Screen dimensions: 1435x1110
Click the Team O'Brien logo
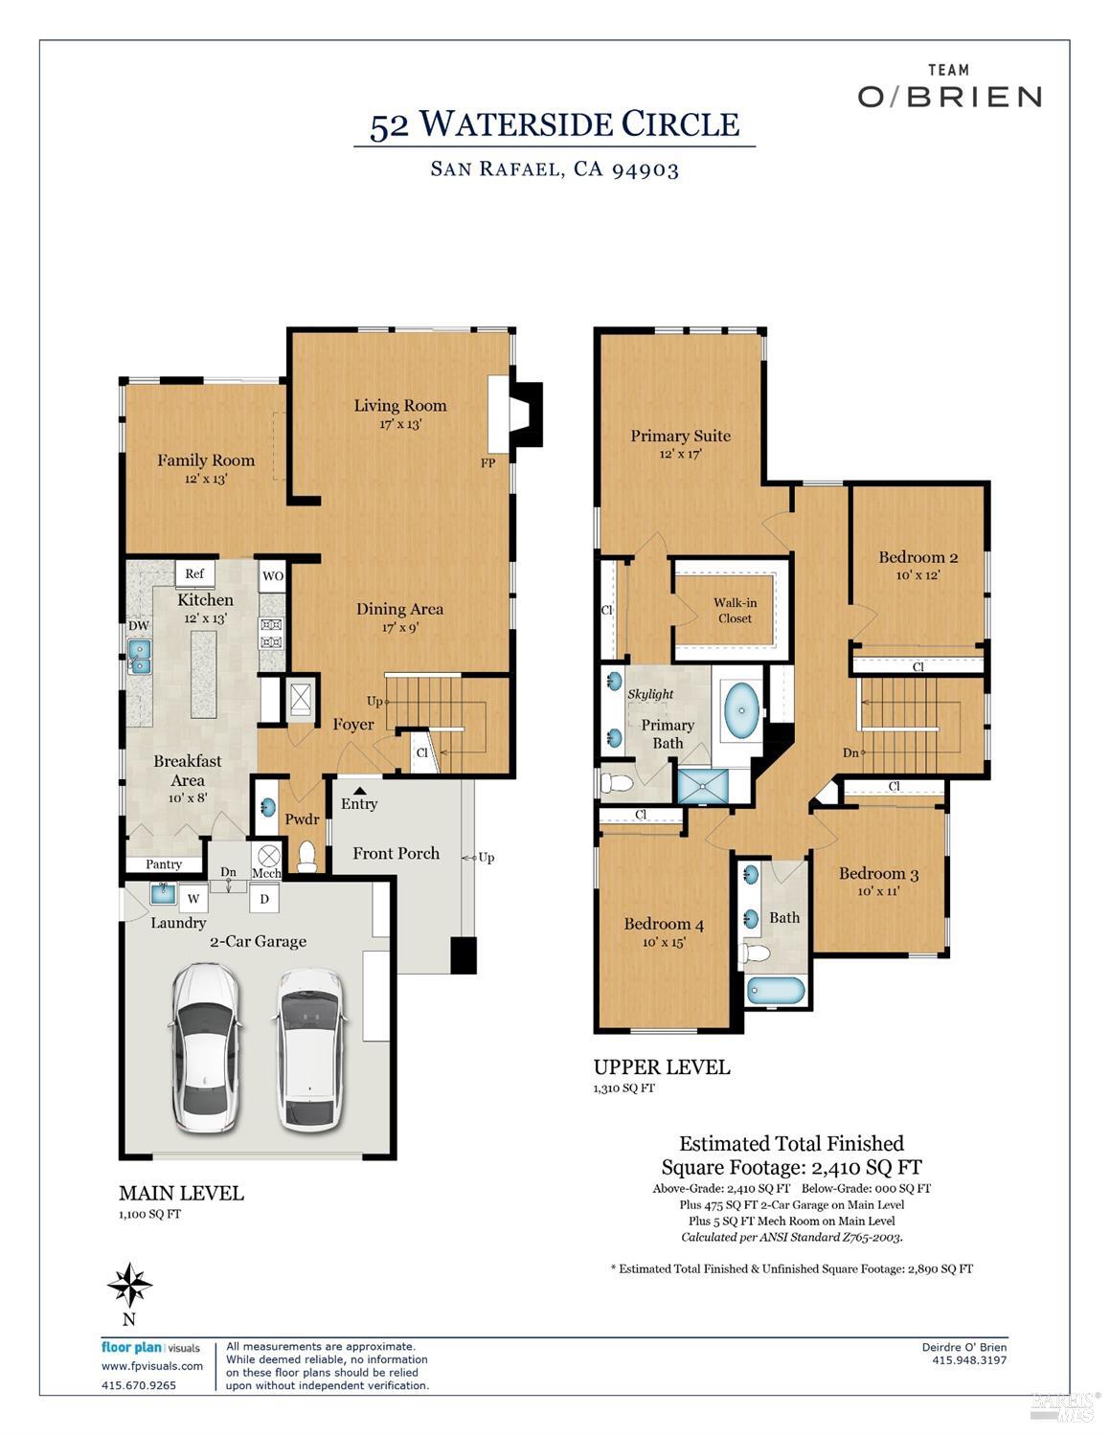[948, 87]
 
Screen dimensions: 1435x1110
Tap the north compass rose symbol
[129, 1285]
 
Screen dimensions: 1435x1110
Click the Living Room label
[399, 405]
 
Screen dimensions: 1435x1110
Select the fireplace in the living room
[516, 414]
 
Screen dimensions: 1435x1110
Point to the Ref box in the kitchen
[194, 573]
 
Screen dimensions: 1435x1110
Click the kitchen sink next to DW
[140, 656]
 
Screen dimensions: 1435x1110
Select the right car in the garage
[308, 1049]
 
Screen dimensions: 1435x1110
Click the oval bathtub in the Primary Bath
[741, 709]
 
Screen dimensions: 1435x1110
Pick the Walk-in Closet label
[735, 611]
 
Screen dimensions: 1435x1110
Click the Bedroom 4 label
[664, 924]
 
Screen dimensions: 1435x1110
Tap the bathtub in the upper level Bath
[776, 990]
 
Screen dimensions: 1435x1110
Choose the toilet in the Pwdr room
[306, 856]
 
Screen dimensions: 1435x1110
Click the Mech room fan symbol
[267, 855]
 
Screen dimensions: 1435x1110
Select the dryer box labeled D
[264, 899]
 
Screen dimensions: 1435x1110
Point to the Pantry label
[164, 863]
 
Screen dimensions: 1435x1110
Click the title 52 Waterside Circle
[555, 124]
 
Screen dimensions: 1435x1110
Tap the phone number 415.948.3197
[968, 1359]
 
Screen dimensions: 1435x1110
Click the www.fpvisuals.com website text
[152, 1366]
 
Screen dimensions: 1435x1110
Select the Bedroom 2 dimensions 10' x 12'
[917, 575]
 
